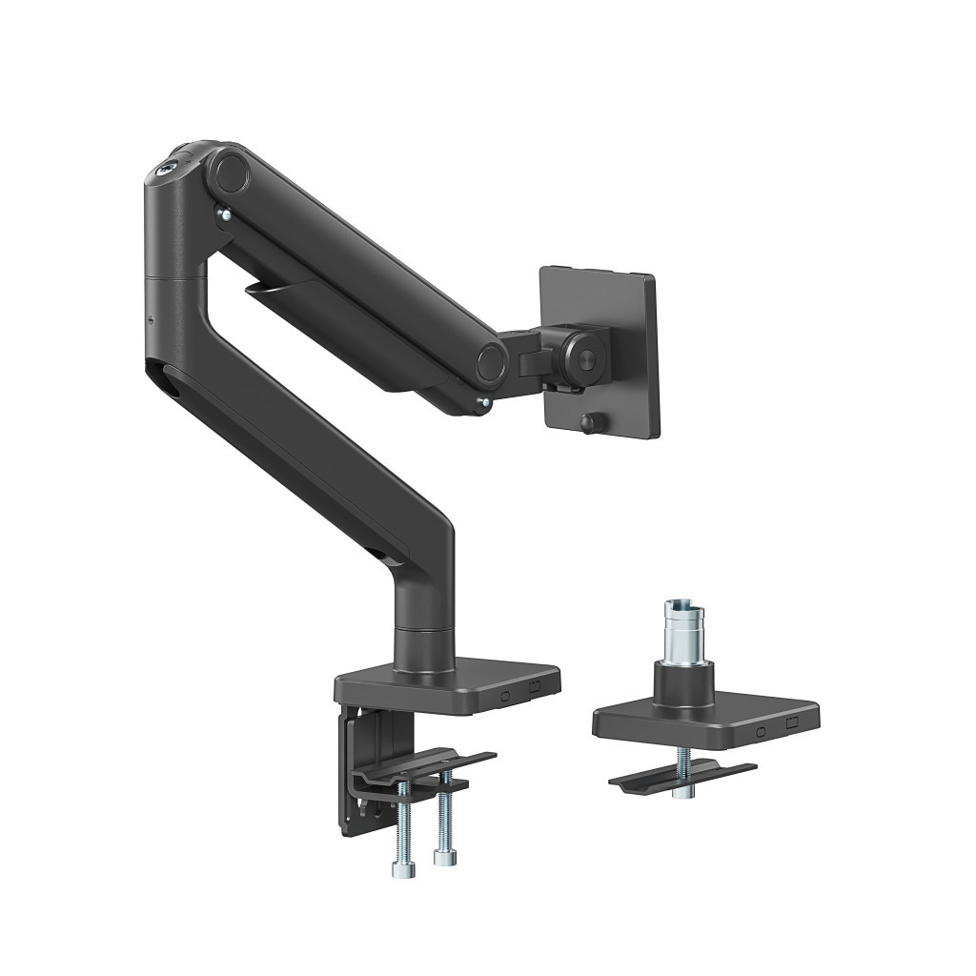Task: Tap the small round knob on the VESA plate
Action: click(587, 424)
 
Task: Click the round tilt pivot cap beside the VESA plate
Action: click(582, 357)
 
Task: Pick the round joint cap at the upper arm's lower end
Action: click(492, 362)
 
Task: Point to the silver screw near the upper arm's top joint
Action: click(221, 216)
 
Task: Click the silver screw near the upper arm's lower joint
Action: click(484, 404)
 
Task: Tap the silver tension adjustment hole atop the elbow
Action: click(169, 165)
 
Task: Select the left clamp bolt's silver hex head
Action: click(400, 868)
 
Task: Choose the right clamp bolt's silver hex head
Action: click(443, 857)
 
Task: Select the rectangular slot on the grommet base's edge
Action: click(790, 725)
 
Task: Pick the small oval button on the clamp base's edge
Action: click(506, 695)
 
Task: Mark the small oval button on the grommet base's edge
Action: click(760, 733)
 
